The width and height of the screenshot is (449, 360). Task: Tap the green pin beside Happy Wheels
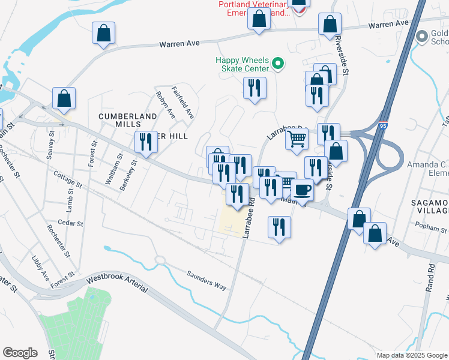coord(278,63)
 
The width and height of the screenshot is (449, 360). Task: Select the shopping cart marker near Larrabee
coord(297,139)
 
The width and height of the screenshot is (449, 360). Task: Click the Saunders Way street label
coord(206,280)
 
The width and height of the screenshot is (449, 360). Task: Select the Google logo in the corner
coord(20,353)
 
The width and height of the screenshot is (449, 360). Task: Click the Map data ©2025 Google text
coord(411,355)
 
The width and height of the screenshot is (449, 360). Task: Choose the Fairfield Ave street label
coord(186,103)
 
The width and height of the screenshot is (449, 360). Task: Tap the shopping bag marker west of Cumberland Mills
coord(64,99)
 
